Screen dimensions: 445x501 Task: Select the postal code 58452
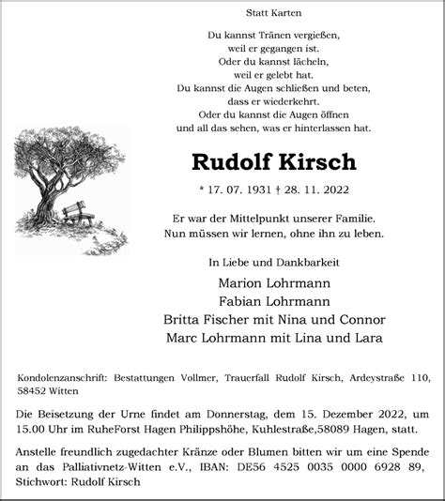[35, 392]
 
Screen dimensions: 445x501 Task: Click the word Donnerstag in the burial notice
[279, 415]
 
